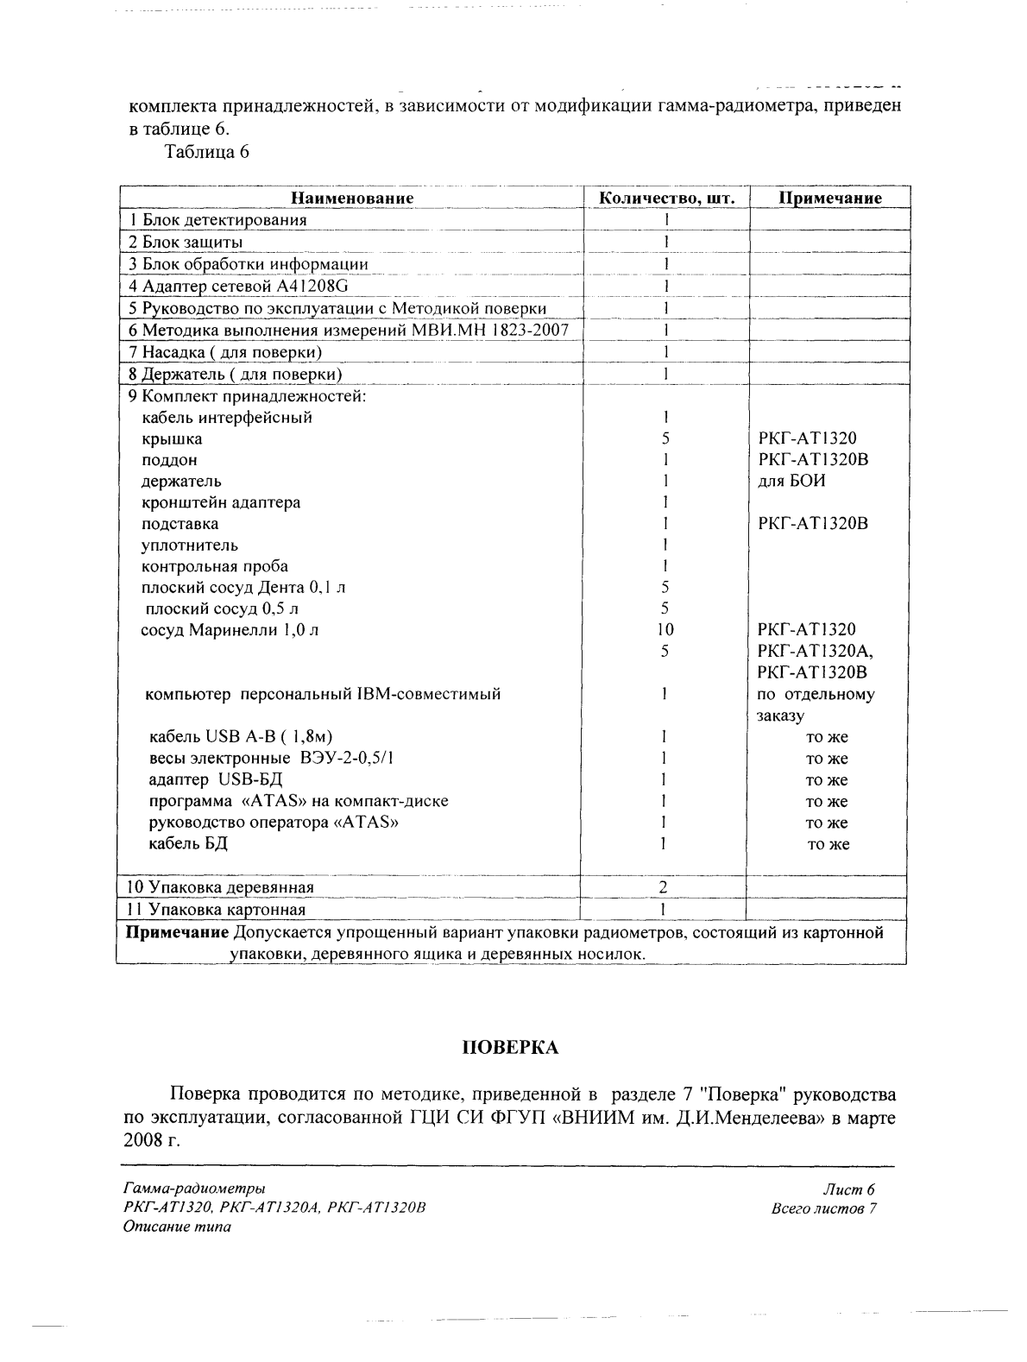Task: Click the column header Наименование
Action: [x=352, y=198]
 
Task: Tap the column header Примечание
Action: [x=830, y=198]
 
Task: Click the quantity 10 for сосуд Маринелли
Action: [x=665, y=629]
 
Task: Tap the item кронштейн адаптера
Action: [x=221, y=502]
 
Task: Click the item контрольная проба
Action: [x=215, y=566]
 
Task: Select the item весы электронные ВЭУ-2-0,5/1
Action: [x=273, y=759]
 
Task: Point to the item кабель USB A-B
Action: [x=241, y=737]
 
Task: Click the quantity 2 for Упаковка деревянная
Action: [x=664, y=886]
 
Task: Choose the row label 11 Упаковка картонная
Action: [x=216, y=909]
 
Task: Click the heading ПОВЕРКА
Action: [x=511, y=1048]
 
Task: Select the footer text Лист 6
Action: [x=850, y=1189]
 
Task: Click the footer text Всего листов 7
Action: [x=824, y=1208]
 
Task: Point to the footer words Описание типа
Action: [x=178, y=1227]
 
